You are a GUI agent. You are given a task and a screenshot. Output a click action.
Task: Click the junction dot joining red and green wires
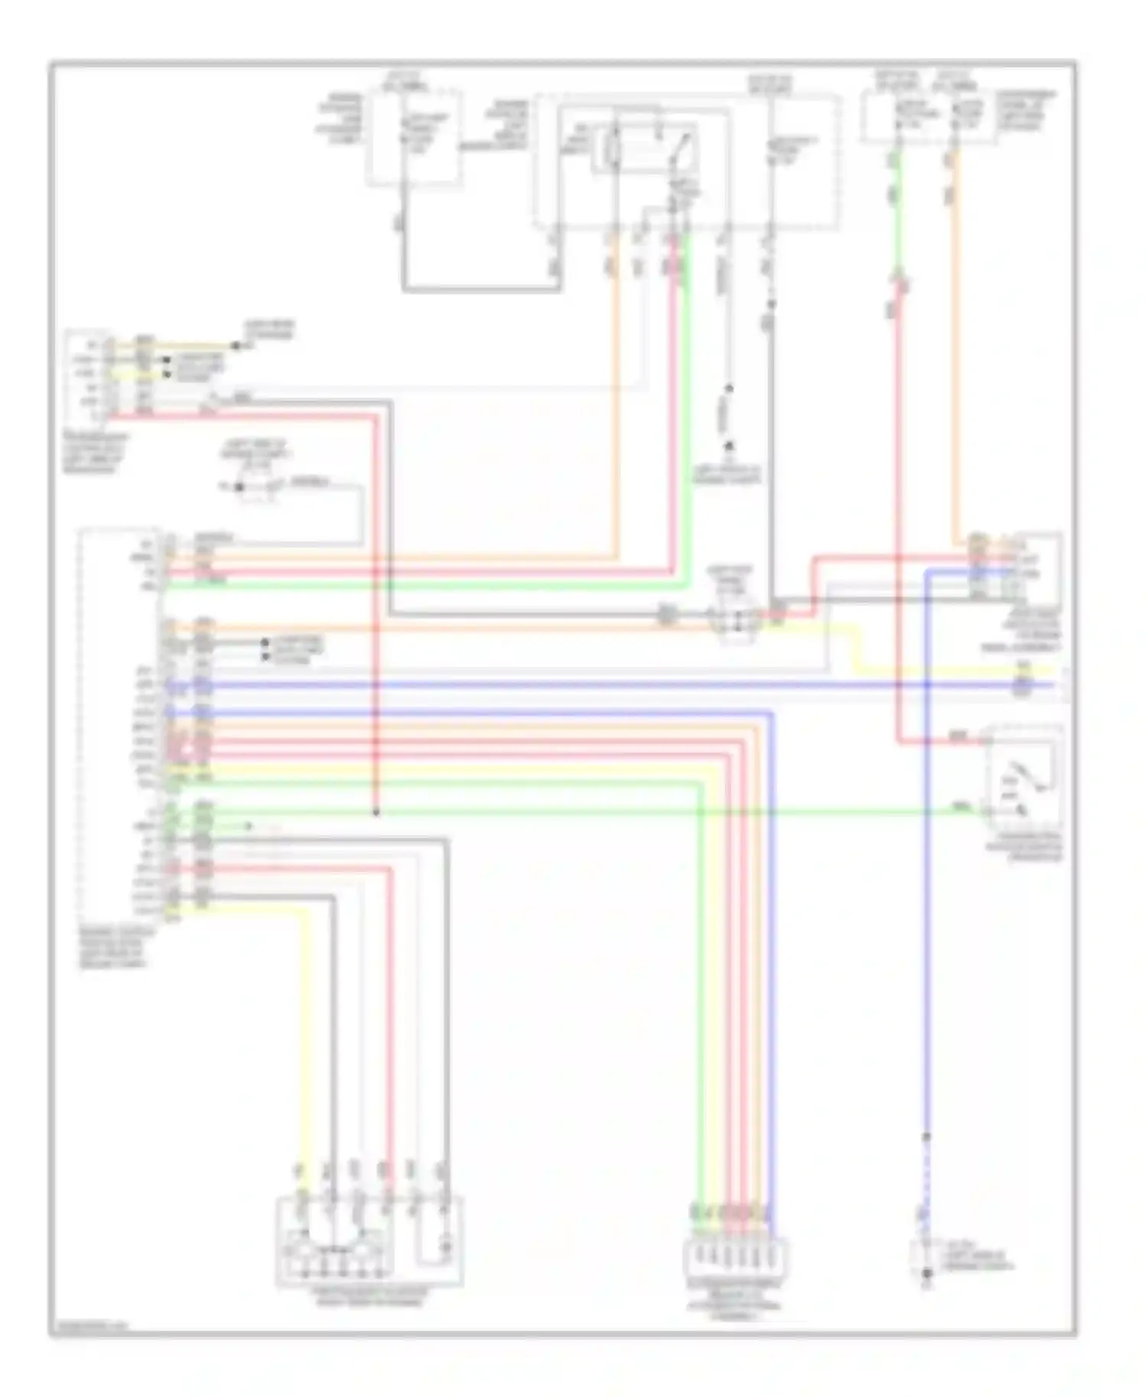375,812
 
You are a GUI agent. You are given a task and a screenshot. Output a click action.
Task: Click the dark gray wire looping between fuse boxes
482,290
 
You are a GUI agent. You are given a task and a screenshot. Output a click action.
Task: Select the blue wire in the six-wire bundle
772,956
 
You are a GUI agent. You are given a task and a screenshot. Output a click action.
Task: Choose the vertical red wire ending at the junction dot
375,612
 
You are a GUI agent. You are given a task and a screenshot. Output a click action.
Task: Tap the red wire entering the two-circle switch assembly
390,1032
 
